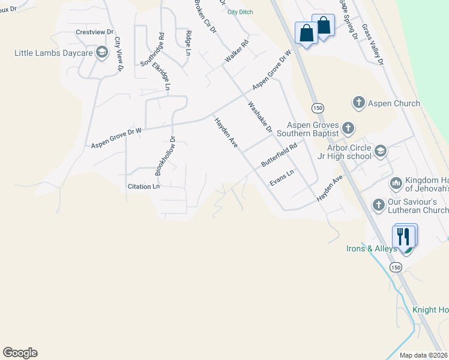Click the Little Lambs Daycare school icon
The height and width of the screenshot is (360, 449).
tap(101, 53)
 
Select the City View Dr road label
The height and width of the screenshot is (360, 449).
tap(119, 55)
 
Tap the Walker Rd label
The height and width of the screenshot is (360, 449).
tap(236, 51)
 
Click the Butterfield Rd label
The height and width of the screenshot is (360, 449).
tap(279, 155)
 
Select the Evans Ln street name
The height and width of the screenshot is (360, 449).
tap(282, 178)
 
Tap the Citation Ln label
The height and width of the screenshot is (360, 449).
tap(143, 187)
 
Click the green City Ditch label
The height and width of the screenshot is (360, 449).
tap(241, 12)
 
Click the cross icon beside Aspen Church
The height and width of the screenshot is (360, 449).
tap(359, 103)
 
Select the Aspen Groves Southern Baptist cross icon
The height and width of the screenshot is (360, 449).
tap(348, 128)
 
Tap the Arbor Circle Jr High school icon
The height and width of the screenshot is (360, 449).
tap(379, 151)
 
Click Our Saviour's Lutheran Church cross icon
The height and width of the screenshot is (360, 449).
tap(378, 205)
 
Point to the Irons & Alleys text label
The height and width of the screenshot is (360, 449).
tap(372, 248)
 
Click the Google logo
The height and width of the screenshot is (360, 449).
tap(20, 353)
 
